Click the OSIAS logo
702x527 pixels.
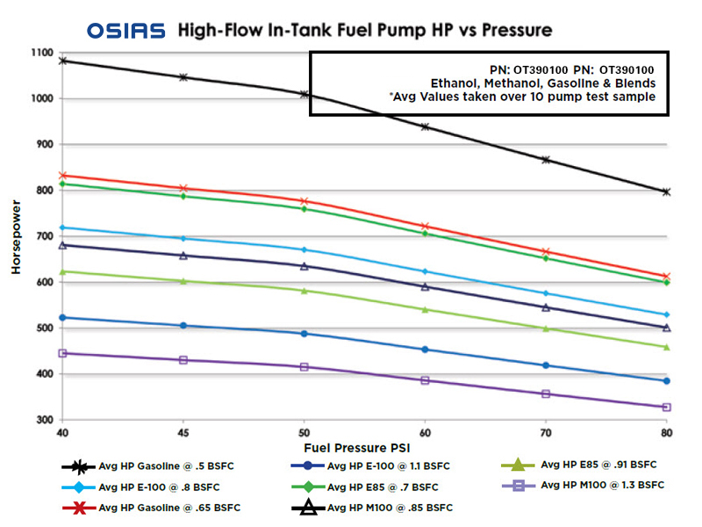tap(125, 31)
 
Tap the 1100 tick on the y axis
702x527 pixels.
tap(40, 54)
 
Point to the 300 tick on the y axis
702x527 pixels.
tap(44, 420)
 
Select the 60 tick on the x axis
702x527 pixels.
tap(426, 434)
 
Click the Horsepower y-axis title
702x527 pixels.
tap(16, 237)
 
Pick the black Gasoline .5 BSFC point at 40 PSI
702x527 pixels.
tap(62, 61)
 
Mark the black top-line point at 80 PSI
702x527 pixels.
tap(667, 191)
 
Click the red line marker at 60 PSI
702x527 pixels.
tap(426, 227)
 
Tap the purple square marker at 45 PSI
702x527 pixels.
tap(183, 360)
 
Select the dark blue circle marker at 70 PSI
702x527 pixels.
tap(546, 365)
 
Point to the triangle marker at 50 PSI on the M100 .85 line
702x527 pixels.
tap(304, 266)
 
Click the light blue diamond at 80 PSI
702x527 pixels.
tap(667, 314)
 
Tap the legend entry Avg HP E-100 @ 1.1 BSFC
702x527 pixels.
tap(383, 465)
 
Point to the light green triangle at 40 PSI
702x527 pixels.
tap(62, 271)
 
